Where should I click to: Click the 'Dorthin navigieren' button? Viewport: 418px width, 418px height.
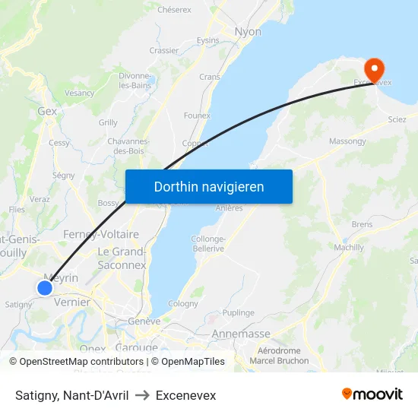pyautogui.click(x=209, y=186)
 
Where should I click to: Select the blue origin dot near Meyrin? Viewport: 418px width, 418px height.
pyautogui.click(x=45, y=287)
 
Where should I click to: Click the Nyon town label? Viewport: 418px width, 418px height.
pyautogui.click(x=249, y=32)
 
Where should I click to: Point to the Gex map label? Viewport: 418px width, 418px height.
pyautogui.click(x=47, y=111)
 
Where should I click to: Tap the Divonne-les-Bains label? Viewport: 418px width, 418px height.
pyautogui.click(x=135, y=81)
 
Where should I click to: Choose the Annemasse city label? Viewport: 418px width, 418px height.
pyautogui.click(x=241, y=334)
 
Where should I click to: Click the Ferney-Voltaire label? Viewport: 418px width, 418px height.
pyautogui.click(x=101, y=234)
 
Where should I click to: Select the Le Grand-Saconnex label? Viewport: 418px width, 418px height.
pyautogui.click(x=122, y=258)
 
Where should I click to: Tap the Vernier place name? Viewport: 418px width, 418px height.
pyautogui.click(x=72, y=302)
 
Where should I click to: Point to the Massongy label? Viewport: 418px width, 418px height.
pyautogui.click(x=347, y=141)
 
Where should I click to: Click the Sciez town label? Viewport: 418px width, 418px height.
pyautogui.click(x=397, y=119)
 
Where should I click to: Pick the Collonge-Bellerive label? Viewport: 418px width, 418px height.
pyautogui.click(x=208, y=243)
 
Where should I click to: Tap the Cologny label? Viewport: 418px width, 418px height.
pyautogui.click(x=183, y=303)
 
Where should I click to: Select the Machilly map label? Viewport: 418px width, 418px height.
pyautogui.click(x=349, y=248)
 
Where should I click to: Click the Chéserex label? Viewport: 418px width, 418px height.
pyautogui.click(x=173, y=10)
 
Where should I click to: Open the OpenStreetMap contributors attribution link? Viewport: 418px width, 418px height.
pyautogui.click(x=81, y=362)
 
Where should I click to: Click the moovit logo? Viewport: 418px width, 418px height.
pyautogui.click(x=372, y=394)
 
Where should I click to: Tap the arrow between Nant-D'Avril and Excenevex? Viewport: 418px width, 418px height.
pyautogui.click(x=142, y=396)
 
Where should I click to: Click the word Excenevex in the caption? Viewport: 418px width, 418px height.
pyautogui.click(x=185, y=396)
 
